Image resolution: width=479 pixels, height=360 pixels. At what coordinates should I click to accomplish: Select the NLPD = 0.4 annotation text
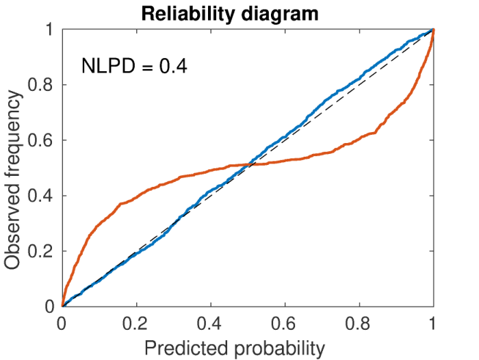tap(134, 66)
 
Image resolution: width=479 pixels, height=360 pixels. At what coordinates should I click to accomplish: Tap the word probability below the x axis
tap(279, 349)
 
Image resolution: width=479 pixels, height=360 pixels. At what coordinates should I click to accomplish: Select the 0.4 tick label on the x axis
tap(209, 324)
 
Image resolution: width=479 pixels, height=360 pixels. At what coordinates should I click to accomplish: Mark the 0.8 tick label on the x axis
tap(358, 324)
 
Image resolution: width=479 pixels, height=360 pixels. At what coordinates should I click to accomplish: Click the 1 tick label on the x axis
tap(432, 324)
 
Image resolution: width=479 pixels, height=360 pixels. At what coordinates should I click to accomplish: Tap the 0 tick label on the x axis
tap(62, 324)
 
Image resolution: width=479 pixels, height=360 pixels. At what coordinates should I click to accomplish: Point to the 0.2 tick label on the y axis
tap(40, 251)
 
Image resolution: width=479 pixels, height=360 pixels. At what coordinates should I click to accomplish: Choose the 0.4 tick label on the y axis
tap(40, 196)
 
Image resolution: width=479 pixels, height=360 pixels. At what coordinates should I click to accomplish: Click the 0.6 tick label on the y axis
tap(40, 140)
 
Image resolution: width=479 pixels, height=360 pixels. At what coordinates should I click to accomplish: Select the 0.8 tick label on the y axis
tap(40, 85)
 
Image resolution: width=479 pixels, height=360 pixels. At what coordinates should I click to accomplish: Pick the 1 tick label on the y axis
tap(49, 29)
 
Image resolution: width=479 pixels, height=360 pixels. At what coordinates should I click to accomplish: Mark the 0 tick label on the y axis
tap(49, 307)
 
